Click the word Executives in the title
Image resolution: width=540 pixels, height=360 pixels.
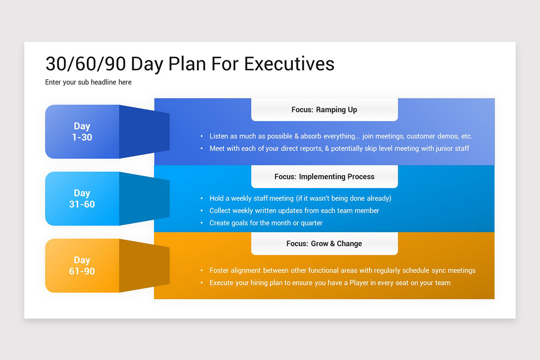(289, 64)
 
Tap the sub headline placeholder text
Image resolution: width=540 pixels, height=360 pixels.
(88, 82)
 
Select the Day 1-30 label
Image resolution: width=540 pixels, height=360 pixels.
(82, 132)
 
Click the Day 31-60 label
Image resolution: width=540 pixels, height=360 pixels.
(82, 199)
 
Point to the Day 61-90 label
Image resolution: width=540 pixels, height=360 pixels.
(82, 265)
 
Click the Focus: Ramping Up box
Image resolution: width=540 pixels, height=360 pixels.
(324, 110)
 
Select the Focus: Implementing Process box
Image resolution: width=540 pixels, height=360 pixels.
(324, 176)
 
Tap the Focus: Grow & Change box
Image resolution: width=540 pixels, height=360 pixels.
(324, 243)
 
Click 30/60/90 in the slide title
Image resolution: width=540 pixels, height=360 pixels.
(85, 64)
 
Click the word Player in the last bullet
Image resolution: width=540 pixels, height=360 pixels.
(359, 283)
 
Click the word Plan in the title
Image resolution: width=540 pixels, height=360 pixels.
(187, 64)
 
